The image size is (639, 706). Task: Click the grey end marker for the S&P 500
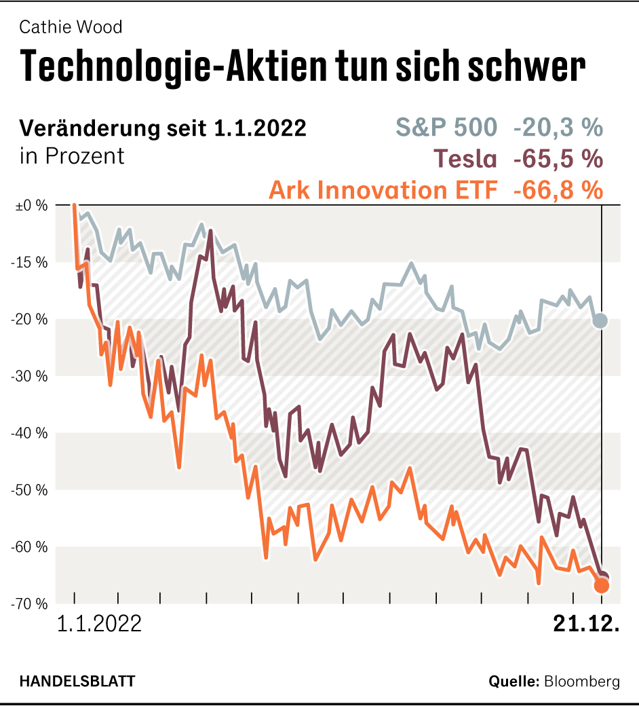click(600, 320)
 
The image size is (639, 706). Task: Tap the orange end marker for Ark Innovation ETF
click(602, 585)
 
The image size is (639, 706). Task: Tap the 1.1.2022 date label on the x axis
click(100, 624)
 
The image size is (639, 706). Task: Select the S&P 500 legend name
click(446, 127)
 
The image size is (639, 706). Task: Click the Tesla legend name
click(466, 159)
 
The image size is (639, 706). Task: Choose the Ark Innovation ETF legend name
click(383, 190)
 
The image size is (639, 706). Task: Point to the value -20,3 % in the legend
click(558, 127)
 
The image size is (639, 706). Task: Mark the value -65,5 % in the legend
click(558, 159)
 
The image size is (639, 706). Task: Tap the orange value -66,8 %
click(558, 190)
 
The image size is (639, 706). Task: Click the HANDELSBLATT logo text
click(77, 681)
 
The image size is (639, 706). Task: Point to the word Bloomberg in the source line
click(582, 682)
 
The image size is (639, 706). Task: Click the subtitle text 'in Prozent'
click(73, 156)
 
